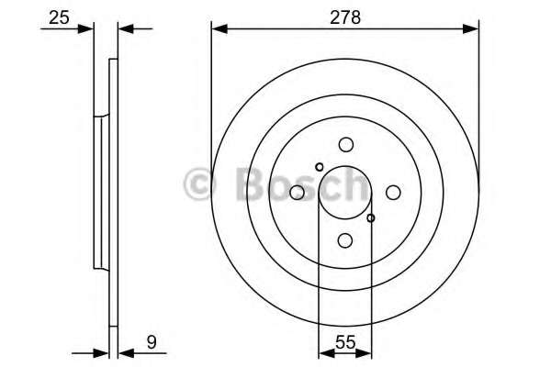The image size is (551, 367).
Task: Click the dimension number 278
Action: [345, 17]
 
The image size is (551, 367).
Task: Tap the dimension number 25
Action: [60, 17]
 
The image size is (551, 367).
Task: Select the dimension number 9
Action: [152, 341]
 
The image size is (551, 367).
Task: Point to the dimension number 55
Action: [345, 341]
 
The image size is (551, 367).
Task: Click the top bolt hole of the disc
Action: [346, 144]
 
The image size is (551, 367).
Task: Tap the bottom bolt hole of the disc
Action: [345, 240]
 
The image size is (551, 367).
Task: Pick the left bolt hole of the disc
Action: [297, 192]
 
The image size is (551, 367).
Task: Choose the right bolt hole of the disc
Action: [393, 192]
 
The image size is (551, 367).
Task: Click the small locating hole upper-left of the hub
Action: [320, 167]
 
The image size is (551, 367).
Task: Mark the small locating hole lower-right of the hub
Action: [371, 218]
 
